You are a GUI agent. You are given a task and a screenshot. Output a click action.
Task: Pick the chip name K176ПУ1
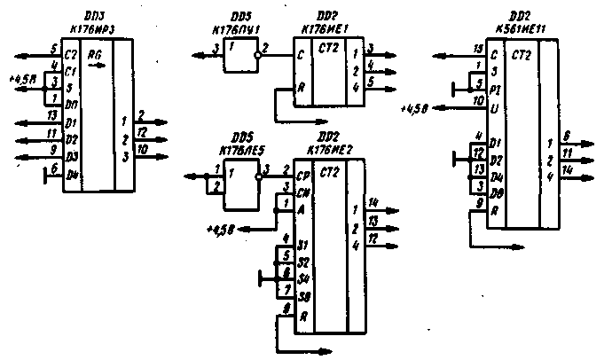click(231, 27)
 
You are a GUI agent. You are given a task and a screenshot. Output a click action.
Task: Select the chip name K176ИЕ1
click(322, 27)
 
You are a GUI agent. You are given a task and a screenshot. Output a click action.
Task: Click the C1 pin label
click(70, 67)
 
